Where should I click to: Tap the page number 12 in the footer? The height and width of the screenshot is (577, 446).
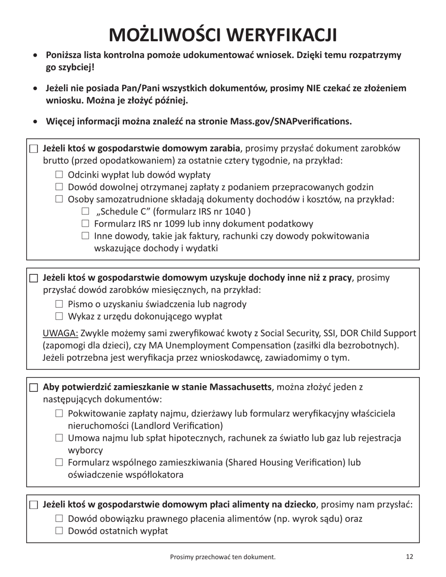(x=409, y=556)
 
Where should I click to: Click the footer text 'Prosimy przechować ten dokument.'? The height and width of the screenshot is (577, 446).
(x=223, y=557)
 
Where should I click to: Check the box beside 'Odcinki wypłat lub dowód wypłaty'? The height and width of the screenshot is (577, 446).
(x=59, y=175)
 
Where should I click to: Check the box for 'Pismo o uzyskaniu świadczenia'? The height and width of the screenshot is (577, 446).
(x=59, y=304)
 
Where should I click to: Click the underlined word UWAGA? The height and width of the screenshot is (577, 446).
(x=61, y=334)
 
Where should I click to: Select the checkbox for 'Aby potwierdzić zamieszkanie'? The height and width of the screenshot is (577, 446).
(x=33, y=387)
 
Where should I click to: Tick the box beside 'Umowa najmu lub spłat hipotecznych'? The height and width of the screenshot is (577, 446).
(x=59, y=438)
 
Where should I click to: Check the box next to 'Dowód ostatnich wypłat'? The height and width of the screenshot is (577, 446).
(x=59, y=531)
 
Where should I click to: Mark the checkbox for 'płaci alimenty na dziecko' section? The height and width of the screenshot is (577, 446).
(x=33, y=505)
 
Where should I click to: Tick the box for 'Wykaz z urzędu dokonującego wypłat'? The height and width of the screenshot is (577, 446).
(x=59, y=316)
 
